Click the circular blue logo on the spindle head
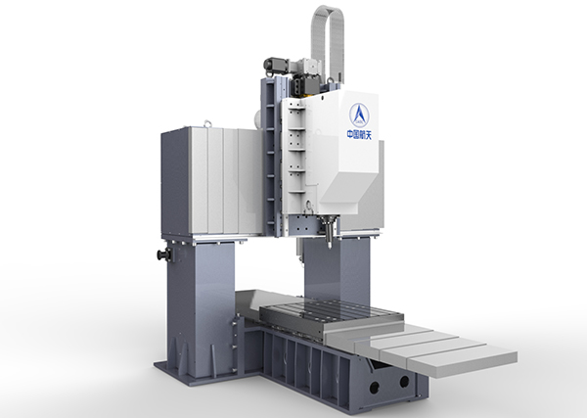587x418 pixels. [x=359, y=115]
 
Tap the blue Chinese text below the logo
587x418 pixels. [x=359, y=134]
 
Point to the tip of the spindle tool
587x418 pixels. [x=330, y=248]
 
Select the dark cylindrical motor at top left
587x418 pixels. [x=276, y=65]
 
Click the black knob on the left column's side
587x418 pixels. [x=164, y=255]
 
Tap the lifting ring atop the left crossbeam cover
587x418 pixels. [x=207, y=123]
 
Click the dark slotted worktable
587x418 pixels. [x=332, y=316]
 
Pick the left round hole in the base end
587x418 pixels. [x=374, y=388]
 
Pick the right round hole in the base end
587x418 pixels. [x=404, y=382]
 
